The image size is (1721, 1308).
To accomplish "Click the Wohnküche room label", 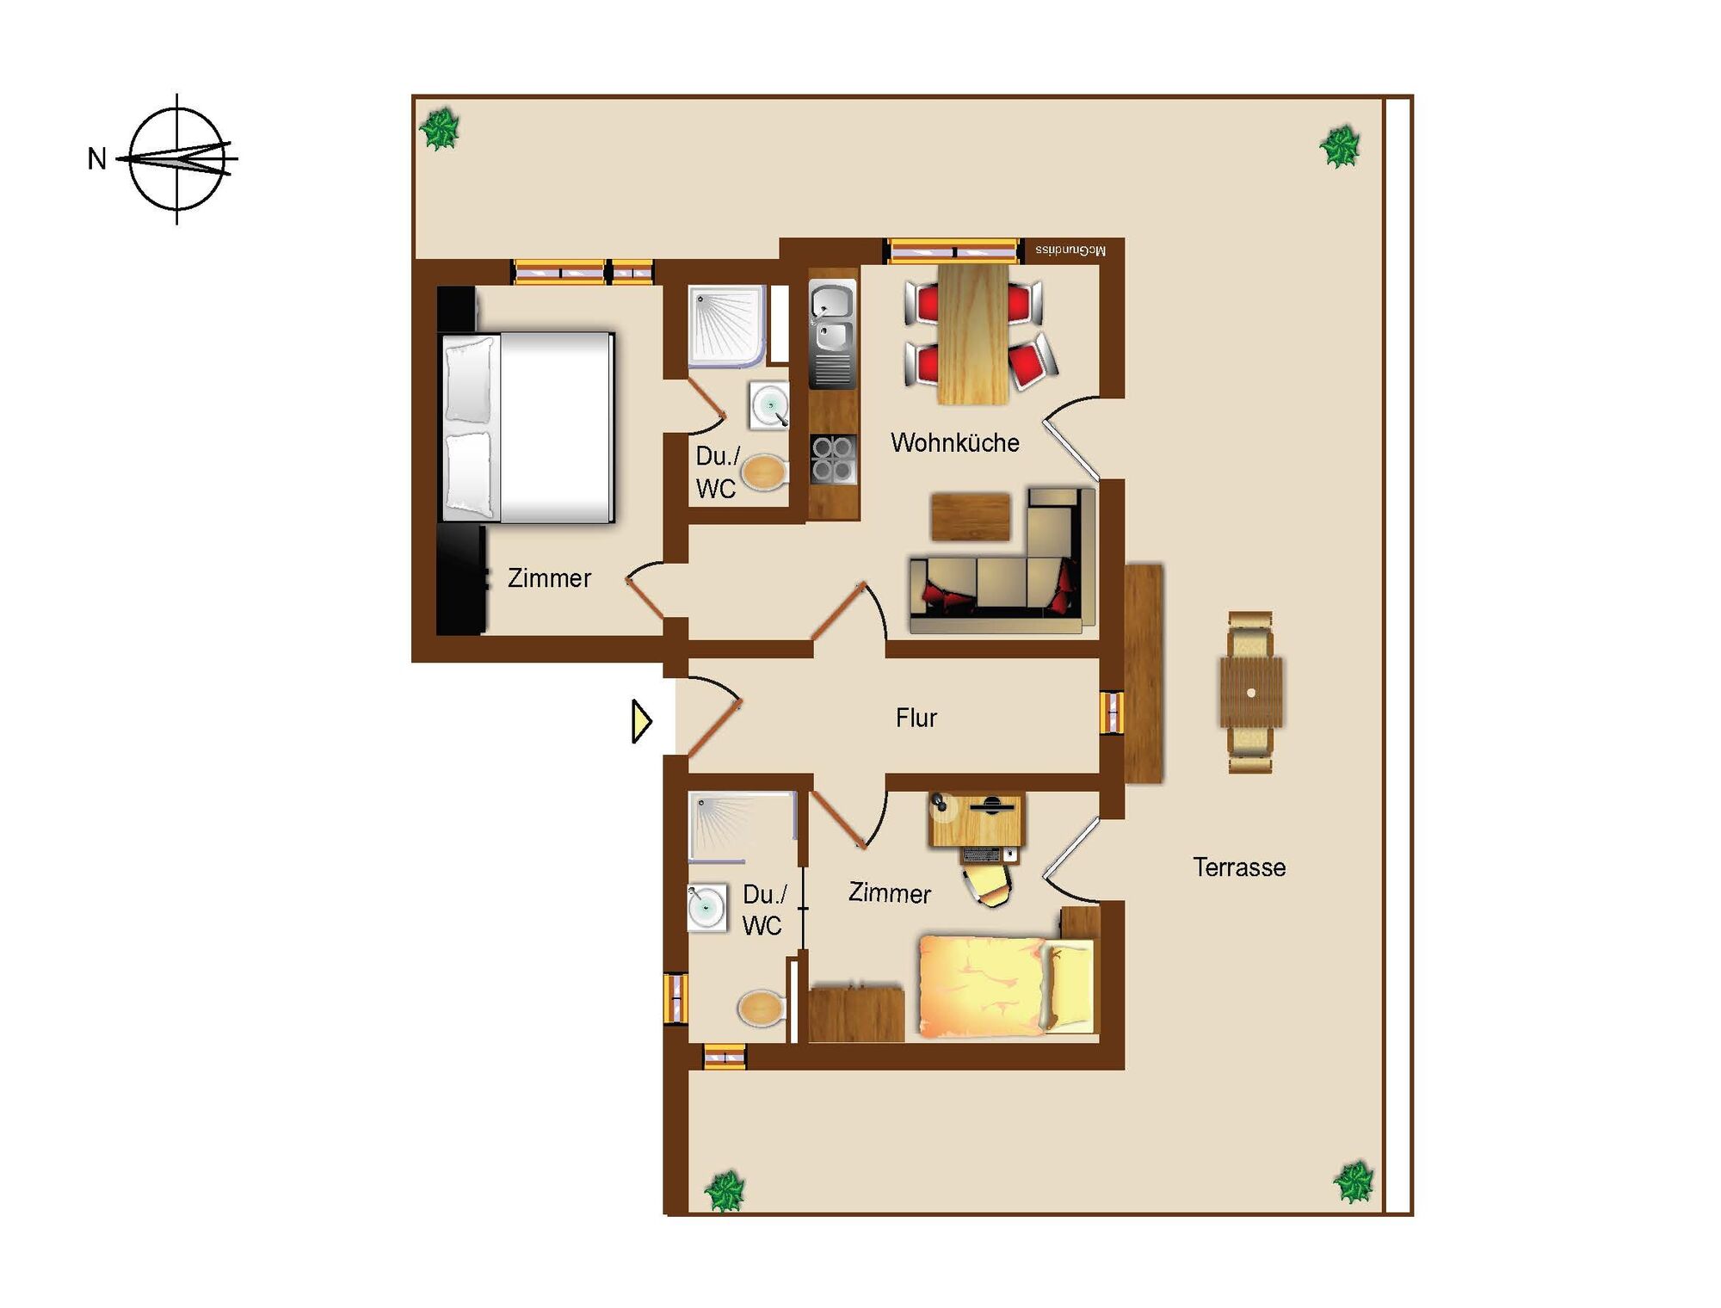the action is (x=955, y=442).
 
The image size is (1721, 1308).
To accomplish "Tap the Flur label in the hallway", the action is (x=916, y=718).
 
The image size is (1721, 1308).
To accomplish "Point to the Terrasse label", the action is (x=1239, y=867).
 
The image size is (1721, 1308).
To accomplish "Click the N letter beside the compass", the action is (x=97, y=159).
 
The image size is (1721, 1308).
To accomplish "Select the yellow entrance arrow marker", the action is (x=641, y=721).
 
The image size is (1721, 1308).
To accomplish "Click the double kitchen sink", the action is (x=833, y=318).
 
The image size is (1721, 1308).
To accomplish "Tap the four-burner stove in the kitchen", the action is (x=833, y=460).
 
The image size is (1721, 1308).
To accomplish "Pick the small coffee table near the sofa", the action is (x=970, y=516).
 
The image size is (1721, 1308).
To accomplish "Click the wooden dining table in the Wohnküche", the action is (x=973, y=334).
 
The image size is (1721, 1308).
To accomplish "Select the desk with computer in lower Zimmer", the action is (x=977, y=821).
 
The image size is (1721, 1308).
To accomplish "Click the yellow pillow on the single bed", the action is (x=1071, y=986).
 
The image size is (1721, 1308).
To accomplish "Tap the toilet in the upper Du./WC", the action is (x=764, y=472).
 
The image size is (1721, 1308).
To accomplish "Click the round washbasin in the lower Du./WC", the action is (x=706, y=908).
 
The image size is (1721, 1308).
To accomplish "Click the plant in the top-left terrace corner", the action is (x=440, y=130).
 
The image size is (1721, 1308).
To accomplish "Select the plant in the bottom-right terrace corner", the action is (x=1354, y=1182).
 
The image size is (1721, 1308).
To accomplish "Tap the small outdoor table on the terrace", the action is (x=1251, y=693).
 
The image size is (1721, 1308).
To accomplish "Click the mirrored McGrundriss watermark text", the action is (x=1070, y=250).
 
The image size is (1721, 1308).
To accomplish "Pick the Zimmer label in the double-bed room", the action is (x=549, y=578).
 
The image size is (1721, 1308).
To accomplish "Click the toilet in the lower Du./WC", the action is (x=762, y=1008).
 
